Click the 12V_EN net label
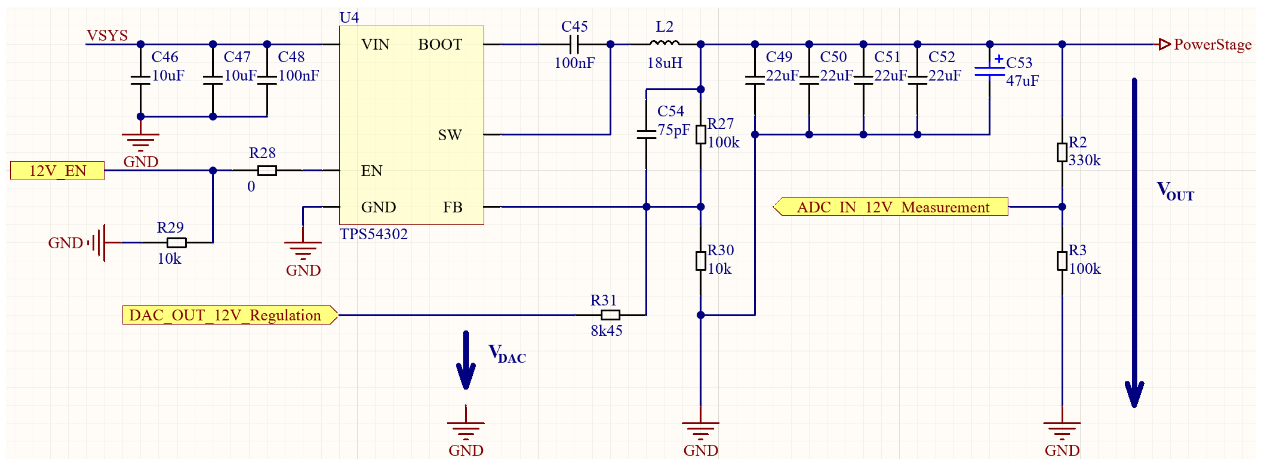coord(57,171)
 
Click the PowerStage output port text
coord(1212,45)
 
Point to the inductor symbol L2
coord(664,43)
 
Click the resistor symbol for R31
coord(610,315)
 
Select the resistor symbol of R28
coord(267,171)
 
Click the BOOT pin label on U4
coord(440,45)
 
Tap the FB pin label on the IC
coord(452,207)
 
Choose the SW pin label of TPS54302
coord(449,135)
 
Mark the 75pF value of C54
coord(673,130)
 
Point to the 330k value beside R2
coord(1084,160)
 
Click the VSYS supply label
coord(107,35)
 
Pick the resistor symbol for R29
coord(176,242)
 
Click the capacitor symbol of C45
coord(574,45)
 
